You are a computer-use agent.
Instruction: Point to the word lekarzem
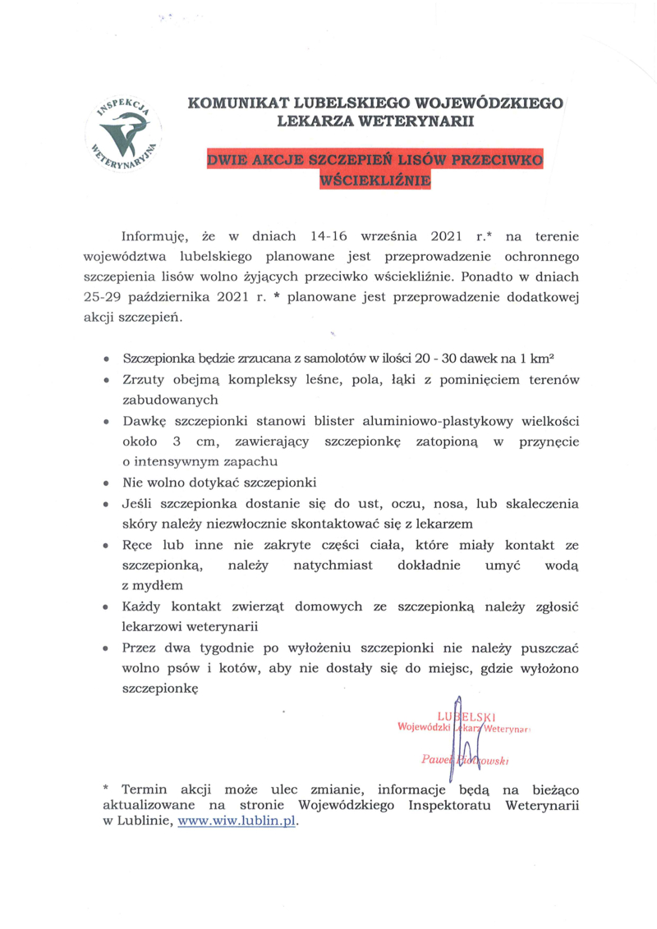(447, 523)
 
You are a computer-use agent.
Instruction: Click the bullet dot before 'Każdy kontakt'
(107, 607)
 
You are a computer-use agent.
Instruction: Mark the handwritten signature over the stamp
(460, 739)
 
